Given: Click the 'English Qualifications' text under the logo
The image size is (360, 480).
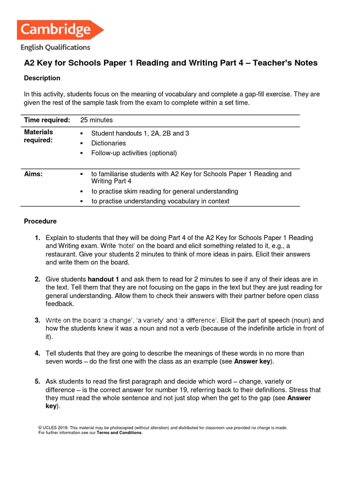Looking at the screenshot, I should (55, 47).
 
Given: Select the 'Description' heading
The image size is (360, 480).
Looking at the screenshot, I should (42, 78).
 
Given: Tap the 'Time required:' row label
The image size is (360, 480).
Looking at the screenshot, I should (47, 120).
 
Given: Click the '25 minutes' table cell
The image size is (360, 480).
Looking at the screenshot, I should (97, 120).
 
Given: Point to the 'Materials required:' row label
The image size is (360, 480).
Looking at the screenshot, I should (38, 136).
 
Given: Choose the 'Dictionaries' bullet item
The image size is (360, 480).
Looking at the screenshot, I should (108, 143).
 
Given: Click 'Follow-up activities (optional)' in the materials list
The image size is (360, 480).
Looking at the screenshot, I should (134, 153).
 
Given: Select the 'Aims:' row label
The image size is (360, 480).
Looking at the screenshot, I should (33, 173).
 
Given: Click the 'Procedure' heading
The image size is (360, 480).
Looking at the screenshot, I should (40, 221).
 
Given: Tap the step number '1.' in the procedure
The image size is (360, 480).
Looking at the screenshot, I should (37, 238).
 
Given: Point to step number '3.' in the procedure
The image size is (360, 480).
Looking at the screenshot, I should (37, 320).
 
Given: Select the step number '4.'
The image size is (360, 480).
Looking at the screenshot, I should (37, 353).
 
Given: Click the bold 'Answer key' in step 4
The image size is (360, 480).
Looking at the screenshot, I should (254, 361).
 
